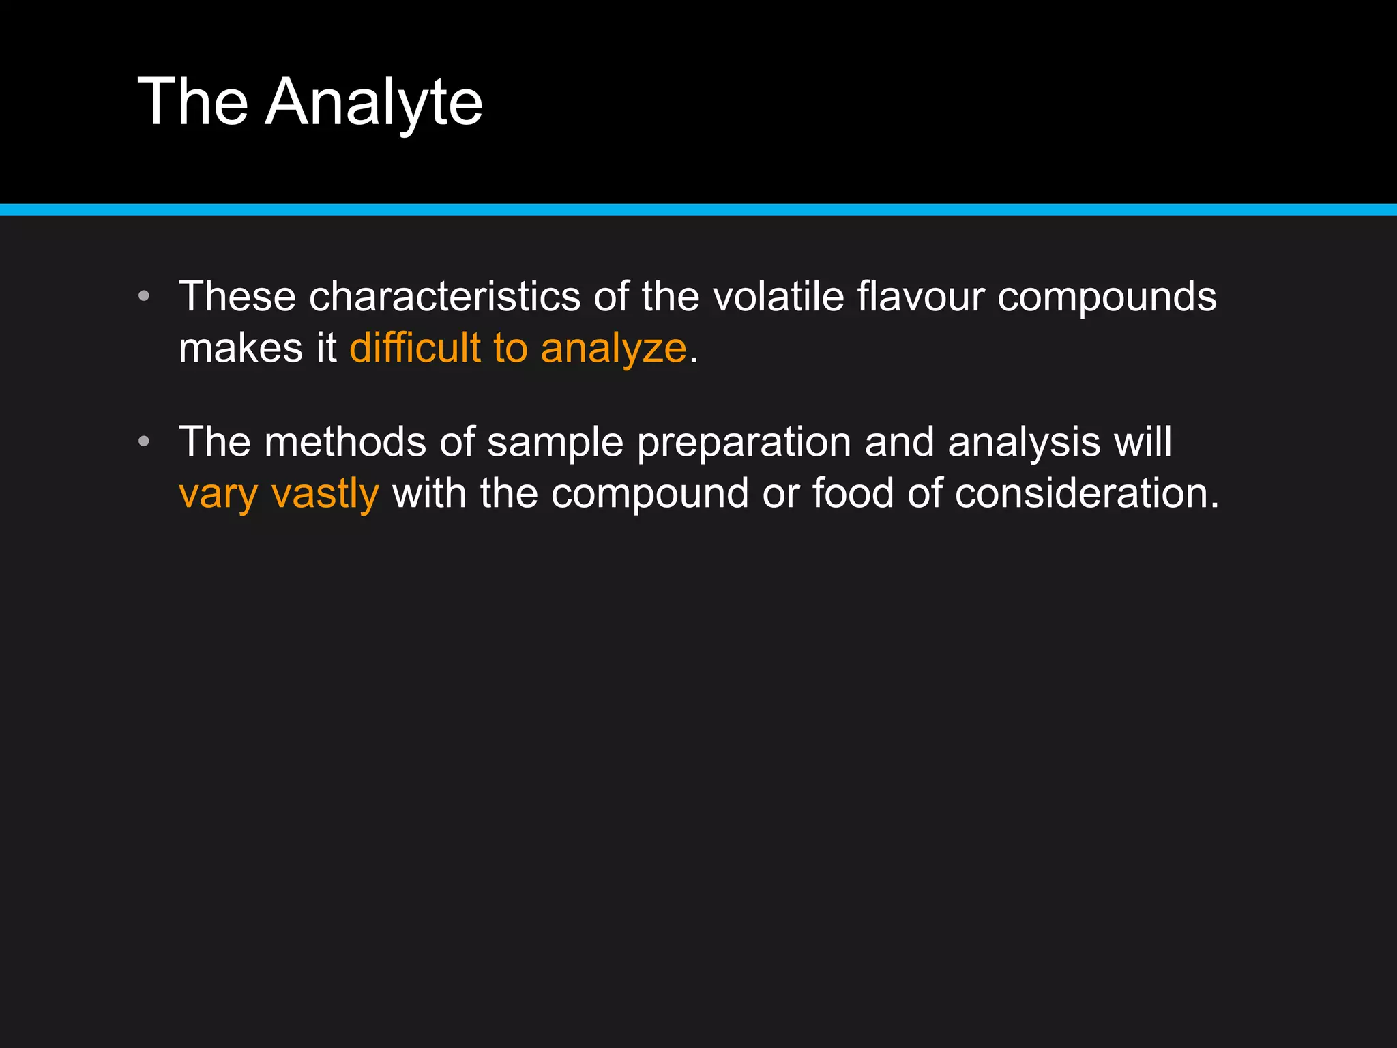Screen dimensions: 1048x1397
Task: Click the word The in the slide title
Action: click(x=193, y=102)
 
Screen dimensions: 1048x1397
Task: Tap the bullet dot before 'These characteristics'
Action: click(x=143, y=296)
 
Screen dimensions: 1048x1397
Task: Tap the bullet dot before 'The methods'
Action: click(x=143, y=441)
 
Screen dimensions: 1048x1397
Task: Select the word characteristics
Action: click(x=445, y=297)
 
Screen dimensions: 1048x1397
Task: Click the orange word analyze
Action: click(x=613, y=349)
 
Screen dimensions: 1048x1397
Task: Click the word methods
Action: click(x=345, y=442)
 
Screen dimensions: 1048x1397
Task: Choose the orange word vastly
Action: click(x=325, y=494)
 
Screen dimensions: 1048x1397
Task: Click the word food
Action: click(x=853, y=493)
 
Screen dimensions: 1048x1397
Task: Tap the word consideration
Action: click(x=1086, y=493)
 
